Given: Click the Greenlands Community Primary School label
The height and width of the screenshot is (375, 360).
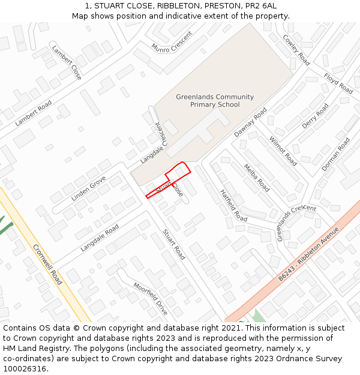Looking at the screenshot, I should click(x=215, y=101).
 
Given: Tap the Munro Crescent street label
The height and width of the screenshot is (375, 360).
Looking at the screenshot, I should click(x=172, y=41).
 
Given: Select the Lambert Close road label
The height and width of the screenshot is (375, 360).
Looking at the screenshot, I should click(x=67, y=62).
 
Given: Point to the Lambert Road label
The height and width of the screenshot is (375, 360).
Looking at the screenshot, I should click(x=34, y=113).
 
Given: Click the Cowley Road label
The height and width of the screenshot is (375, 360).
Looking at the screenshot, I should click(x=296, y=50).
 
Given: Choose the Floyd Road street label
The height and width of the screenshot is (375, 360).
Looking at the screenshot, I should click(x=338, y=83).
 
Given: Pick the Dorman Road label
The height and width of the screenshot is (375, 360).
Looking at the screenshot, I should click(x=335, y=154).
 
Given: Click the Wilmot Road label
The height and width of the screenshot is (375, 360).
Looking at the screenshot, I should click(x=283, y=151).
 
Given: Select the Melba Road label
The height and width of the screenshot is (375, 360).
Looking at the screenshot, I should click(x=256, y=178).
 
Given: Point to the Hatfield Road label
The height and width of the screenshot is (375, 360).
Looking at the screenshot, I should click(x=233, y=205).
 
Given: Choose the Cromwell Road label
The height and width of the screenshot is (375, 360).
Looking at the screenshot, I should click(x=47, y=264).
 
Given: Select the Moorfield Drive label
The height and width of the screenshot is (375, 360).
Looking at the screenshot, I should click(x=150, y=299).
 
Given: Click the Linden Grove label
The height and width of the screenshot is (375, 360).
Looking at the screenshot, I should click(x=88, y=188).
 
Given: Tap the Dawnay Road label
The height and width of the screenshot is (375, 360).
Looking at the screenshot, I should click(x=250, y=122).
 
